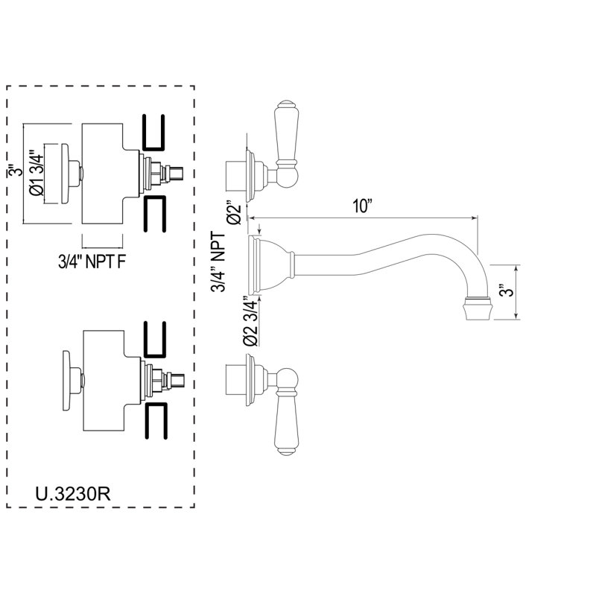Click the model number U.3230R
tap(72, 494)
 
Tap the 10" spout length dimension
tap(361, 206)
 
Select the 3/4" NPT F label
tap(92, 262)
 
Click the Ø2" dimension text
tap(234, 212)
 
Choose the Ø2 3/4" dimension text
tap(250, 320)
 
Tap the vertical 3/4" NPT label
tap(218, 262)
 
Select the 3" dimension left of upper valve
tap(14, 171)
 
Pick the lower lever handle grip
tap(286, 424)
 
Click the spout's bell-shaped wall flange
tap(269, 265)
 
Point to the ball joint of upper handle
tap(288, 177)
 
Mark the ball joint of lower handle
tap(288, 378)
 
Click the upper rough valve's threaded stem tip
tap(177, 174)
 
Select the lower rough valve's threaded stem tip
tap(177, 381)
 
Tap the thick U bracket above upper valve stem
tap(154, 132)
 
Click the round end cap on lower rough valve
tap(67, 381)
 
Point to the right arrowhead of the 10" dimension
tap(475, 218)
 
